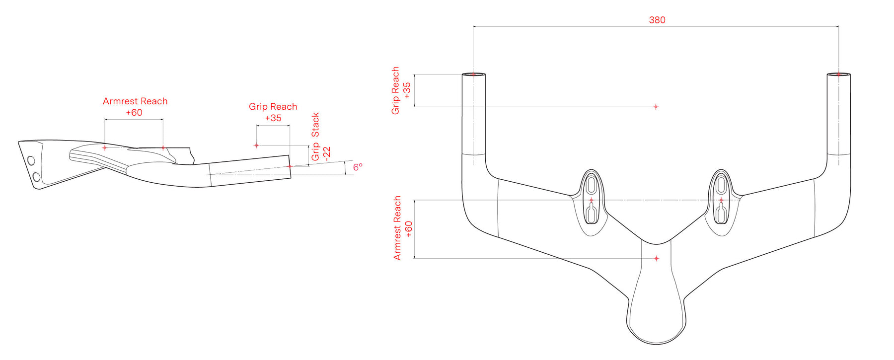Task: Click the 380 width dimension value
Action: point(657,20)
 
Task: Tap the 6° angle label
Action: point(358,167)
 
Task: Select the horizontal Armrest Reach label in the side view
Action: point(135,101)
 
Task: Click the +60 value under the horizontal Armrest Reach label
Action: point(134,113)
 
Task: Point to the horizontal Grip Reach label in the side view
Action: point(273,107)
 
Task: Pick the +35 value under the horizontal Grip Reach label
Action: point(273,118)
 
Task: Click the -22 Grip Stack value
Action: point(326,153)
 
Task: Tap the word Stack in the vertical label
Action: point(315,125)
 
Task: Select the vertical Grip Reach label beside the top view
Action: point(395,90)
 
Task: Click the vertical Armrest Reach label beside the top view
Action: point(397,228)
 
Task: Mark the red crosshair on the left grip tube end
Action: point(473,74)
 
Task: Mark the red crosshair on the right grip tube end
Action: point(838,74)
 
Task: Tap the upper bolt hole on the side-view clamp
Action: point(31,160)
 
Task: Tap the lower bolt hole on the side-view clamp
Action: point(36,177)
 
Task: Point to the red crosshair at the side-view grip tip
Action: point(290,166)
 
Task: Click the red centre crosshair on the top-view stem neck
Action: point(656,258)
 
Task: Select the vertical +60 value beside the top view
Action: point(409,229)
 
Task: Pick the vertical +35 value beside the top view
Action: point(407,90)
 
